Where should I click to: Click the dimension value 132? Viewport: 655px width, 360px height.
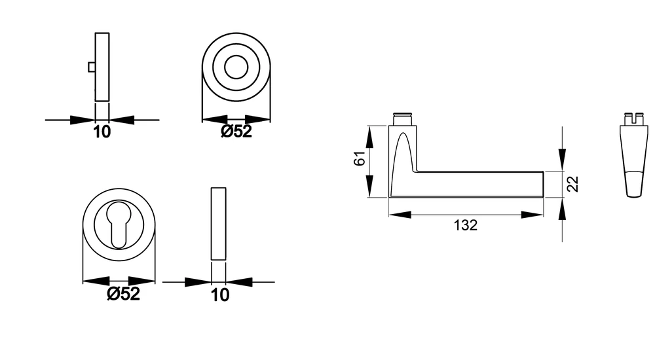click(465, 226)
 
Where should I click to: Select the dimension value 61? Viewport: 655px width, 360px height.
click(360, 158)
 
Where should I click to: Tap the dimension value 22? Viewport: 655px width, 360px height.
click(573, 184)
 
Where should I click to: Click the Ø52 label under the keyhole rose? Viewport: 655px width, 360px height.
click(123, 294)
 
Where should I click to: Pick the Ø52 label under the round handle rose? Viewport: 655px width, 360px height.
click(236, 132)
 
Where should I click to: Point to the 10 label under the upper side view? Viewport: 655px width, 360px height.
click(102, 132)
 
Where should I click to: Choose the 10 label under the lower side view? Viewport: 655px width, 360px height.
click(219, 295)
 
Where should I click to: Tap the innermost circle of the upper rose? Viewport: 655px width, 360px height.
click(236, 67)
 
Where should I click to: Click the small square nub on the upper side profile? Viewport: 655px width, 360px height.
click(92, 67)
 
